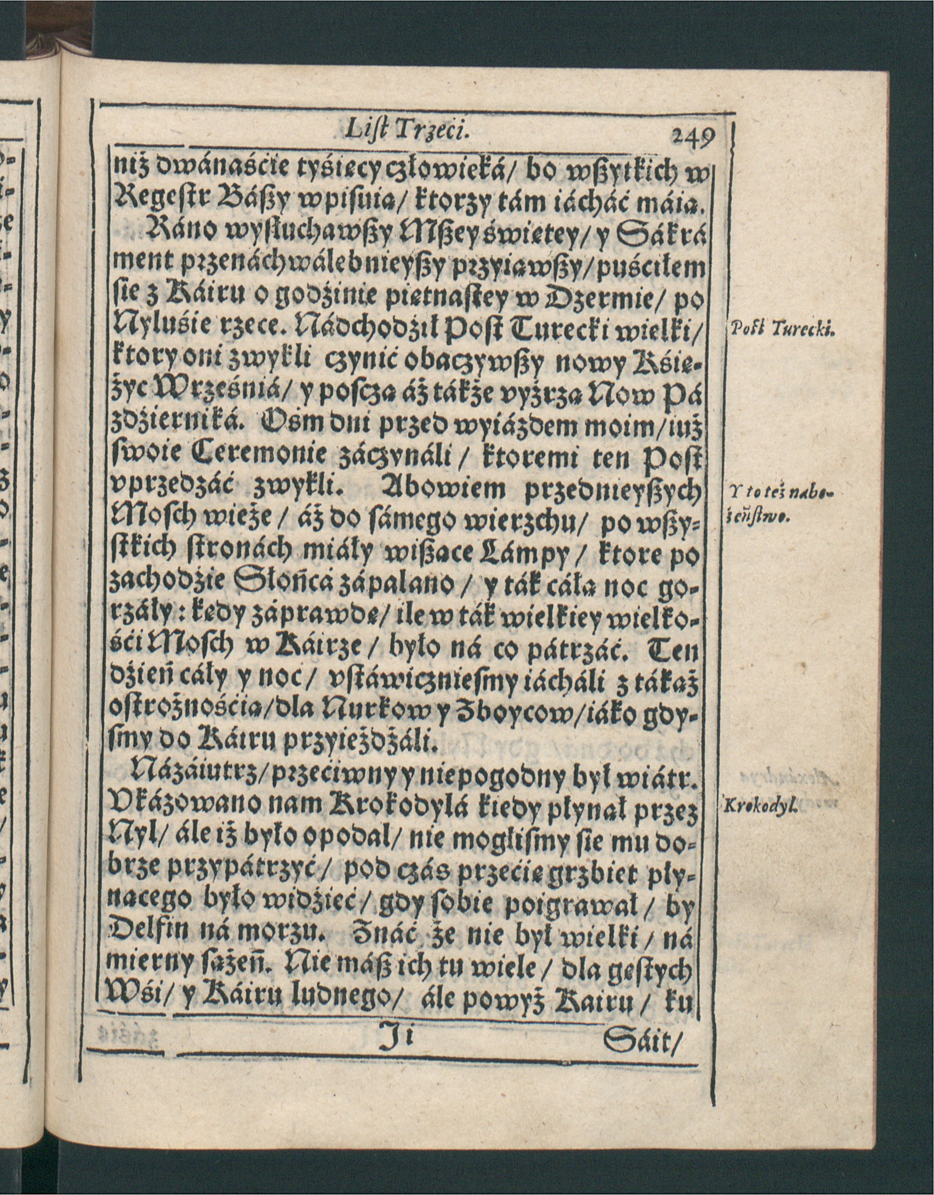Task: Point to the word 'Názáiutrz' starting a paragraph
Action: coord(189,777)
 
